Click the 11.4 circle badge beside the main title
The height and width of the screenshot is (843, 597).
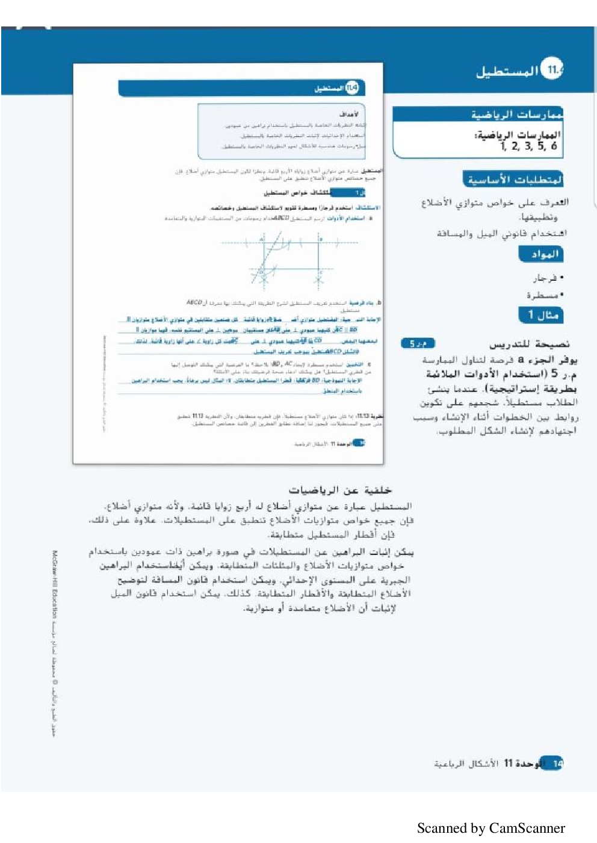552,70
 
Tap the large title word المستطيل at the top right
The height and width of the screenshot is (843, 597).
507,72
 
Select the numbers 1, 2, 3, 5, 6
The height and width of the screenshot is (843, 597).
529,146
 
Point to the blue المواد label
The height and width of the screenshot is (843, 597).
541,254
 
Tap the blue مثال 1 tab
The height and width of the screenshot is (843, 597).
541,314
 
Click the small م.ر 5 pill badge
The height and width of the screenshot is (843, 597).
418,343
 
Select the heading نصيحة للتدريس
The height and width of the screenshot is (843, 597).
529,345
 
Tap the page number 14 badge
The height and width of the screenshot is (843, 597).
556,764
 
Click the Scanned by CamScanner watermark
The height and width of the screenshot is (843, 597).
490,828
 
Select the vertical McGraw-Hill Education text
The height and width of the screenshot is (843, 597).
55,584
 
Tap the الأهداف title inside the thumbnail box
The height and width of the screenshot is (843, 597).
348,114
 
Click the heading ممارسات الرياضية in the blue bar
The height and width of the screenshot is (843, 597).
516,114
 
